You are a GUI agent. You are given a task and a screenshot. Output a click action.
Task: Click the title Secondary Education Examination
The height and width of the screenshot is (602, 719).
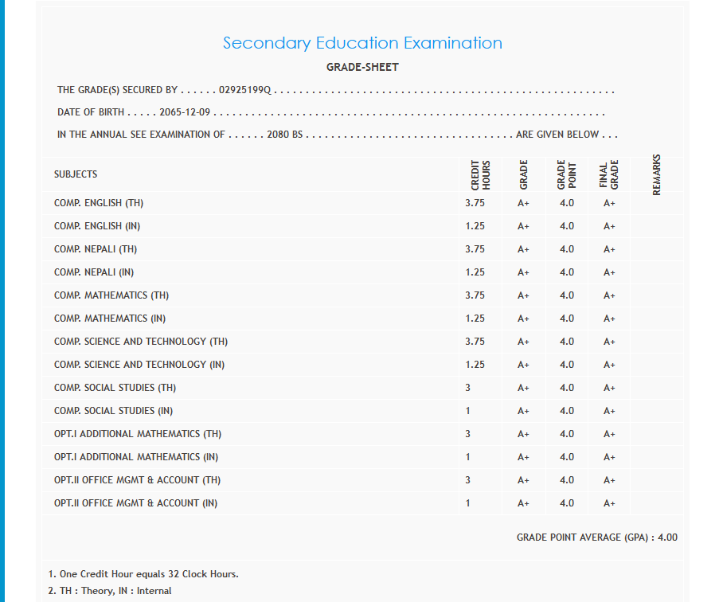(362, 43)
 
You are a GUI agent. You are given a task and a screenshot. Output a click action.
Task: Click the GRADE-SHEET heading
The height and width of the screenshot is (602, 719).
(362, 68)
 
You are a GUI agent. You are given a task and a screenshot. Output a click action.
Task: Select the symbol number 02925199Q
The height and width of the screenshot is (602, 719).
(245, 91)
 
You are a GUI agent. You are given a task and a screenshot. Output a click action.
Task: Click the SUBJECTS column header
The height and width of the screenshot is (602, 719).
(76, 174)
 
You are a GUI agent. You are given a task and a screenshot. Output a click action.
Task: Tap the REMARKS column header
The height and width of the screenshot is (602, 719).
(656, 174)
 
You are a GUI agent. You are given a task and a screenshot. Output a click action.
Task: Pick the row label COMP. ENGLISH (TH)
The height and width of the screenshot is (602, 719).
(99, 203)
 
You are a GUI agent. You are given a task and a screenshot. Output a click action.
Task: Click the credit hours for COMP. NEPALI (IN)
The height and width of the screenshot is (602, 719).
(475, 272)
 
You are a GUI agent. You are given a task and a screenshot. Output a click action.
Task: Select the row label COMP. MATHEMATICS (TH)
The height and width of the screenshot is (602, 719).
(111, 295)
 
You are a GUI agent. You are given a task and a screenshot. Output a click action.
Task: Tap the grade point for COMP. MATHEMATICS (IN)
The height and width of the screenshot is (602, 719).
(566, 319)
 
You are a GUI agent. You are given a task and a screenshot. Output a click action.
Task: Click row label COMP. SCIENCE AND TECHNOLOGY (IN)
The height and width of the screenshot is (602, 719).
(139, 365)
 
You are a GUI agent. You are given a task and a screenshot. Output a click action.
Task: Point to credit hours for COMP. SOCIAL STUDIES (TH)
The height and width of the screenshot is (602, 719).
(468, 388)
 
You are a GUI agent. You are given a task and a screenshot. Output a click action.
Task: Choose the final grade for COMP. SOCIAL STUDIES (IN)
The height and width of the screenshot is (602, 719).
(609, 411)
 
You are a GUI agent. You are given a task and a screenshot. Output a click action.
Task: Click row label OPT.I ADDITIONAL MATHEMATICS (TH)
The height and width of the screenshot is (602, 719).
(138, 434)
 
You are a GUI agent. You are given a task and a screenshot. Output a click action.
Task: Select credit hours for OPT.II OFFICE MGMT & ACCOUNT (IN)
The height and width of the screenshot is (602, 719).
(468, 503)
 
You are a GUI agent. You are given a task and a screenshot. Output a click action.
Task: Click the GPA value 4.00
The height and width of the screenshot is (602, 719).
(667, 537)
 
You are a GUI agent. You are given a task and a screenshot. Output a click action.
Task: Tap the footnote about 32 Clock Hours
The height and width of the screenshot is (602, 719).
(143, 574)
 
